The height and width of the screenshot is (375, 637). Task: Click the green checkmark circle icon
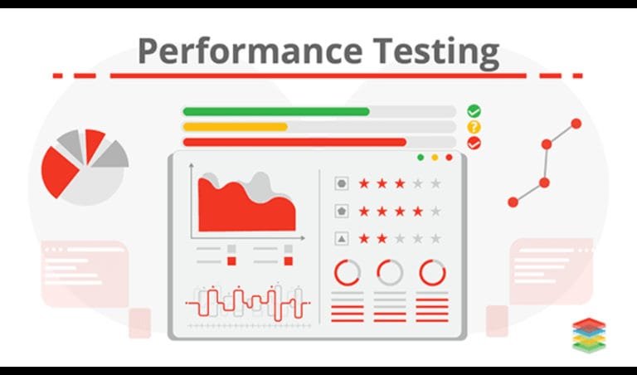point(474,110)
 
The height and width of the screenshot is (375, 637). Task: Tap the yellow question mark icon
point(474,127)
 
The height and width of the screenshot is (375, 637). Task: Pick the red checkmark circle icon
point(474,143)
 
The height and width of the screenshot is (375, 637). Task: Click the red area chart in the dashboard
point(246,207)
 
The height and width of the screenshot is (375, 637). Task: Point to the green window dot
point(421,158)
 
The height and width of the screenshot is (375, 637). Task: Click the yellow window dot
point(435,158)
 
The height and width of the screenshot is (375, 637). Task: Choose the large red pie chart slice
point(60,170)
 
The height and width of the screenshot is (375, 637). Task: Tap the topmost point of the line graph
point(576,124)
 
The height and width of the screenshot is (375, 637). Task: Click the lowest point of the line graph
point(513,202)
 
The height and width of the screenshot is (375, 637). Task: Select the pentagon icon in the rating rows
point(341,211)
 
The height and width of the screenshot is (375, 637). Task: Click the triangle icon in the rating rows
point(341,239)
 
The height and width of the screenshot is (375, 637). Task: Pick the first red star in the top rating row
point(363,183)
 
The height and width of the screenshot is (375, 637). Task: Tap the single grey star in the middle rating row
point(435,212)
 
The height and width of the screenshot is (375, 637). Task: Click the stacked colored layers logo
point(589,335)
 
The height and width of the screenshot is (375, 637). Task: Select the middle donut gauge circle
point(389,272)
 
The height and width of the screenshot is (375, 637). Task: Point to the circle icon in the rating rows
point(341,183)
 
